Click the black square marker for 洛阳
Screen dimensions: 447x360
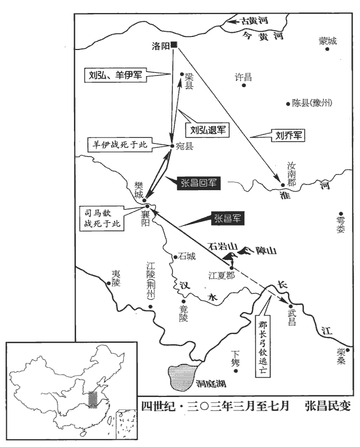(x=175, y=45)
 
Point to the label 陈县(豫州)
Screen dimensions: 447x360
(x=312, y=103)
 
